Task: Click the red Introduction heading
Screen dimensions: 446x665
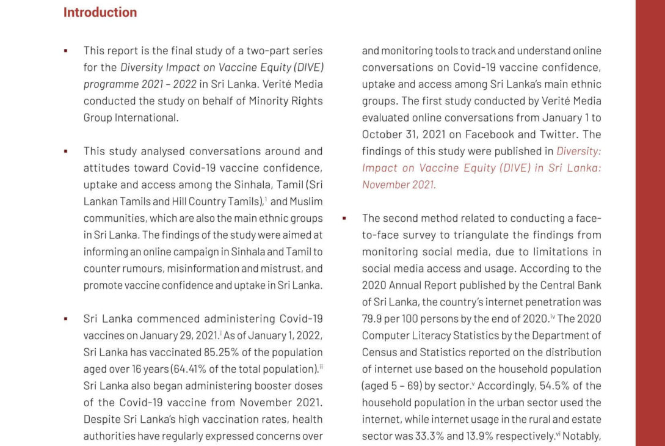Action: pyautogui.click(x=100, y=12)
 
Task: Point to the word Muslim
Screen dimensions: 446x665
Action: pyautogui.click(x=307, y=202)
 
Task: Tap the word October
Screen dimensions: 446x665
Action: pyautogui.click(x=382, y=134)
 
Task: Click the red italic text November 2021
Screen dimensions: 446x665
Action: pyautogui.click(x=399, y=185)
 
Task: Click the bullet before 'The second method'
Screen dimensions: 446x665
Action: pyautogui.click(x=344, y=218)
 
